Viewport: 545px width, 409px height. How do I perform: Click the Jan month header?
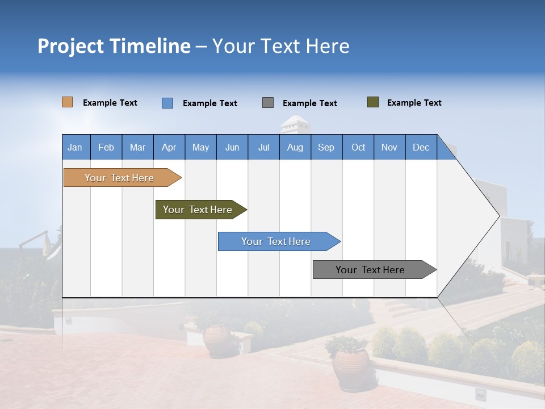(75, 147)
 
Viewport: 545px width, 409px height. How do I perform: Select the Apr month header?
(169, 147)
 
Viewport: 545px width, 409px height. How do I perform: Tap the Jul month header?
(263, 147)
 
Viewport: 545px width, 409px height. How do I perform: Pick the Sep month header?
(326, 147)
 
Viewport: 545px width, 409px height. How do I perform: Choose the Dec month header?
(421, 147)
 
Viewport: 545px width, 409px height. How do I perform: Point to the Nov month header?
(389, 147)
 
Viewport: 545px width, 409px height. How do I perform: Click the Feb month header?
(106, 147)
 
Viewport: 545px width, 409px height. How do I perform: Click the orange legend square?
(67, 102)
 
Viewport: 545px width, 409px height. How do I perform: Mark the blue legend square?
(167, 103)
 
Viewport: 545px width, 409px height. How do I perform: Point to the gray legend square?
(268, 103)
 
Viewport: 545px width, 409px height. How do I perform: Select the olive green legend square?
(372, 102)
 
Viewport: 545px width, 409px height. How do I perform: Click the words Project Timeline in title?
(114, 46)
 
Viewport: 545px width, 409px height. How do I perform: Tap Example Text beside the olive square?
(414, 103)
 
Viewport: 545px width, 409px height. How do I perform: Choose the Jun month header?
(232, 147)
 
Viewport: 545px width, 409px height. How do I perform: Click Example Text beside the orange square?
(110, 103)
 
